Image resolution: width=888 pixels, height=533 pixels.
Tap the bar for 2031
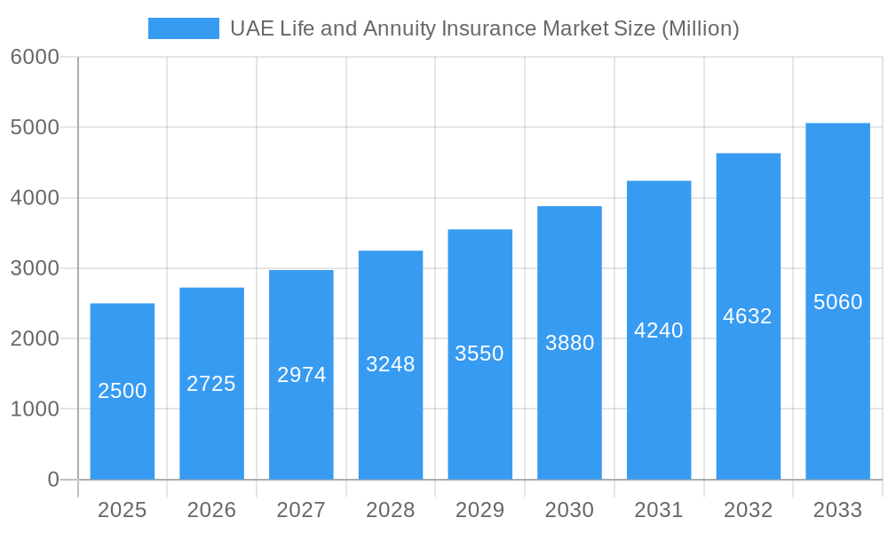tap(659, 400)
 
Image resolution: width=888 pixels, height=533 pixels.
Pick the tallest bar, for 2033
tap(837, 373)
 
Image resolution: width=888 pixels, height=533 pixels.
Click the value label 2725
tap(211, 384)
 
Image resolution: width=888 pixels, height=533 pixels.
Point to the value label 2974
tap(302, 375)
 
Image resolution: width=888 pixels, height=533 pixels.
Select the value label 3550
tap(480, 354)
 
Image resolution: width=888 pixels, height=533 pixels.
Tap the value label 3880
tap(570, 343)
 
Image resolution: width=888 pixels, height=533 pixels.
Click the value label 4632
tap(748, 316)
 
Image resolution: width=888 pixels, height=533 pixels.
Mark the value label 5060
tap(837, 302)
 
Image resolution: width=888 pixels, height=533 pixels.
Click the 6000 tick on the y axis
tap(35, 57)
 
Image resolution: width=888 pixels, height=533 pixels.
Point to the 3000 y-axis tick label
tap(35, 268)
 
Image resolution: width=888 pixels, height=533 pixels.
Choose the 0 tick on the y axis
tap(52, 480)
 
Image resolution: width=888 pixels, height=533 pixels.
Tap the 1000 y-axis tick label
tap(35, 410)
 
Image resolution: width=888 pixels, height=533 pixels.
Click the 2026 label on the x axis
tap(212, 510)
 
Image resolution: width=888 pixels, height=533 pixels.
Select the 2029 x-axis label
tap(480, 510)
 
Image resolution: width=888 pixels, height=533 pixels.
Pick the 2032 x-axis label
tap(748, 510)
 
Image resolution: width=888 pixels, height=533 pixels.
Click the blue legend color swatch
tap(183, 28)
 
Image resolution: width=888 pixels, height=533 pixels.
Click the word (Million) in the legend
tap(701, 28)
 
